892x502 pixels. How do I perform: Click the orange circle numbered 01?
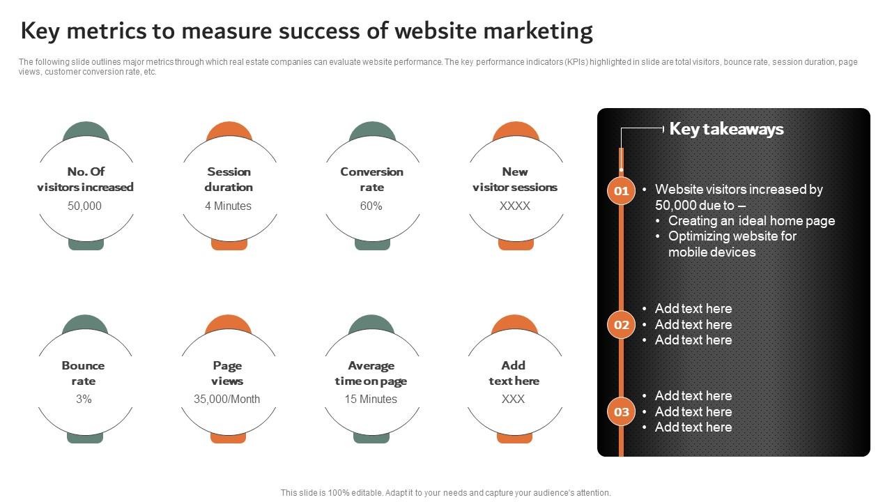[621, 190]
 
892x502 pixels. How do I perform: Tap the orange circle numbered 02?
[621, 324]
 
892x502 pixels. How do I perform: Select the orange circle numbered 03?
[621, 411]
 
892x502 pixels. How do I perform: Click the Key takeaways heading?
[726, 129]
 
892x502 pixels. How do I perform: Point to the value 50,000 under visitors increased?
[84, 206]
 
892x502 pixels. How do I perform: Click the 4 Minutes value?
[228, 206]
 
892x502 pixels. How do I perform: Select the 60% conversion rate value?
[371, 206]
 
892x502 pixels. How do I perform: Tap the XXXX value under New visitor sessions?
[515, 206]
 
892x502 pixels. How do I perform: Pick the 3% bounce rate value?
[84, 399]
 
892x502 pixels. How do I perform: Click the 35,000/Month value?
[227, 399]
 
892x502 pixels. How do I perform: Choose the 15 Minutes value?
[371, 399]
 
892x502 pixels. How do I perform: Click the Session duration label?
[229, 179]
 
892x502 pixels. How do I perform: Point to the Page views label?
[227, 373]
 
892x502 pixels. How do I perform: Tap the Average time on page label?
[371, 373]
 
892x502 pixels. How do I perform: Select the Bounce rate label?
[83, 373]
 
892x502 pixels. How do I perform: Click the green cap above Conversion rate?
[372, 130]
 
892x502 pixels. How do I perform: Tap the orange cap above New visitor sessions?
[516, 130]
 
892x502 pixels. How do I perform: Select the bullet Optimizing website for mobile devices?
[732, 244]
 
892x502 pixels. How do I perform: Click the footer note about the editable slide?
[446, 492]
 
